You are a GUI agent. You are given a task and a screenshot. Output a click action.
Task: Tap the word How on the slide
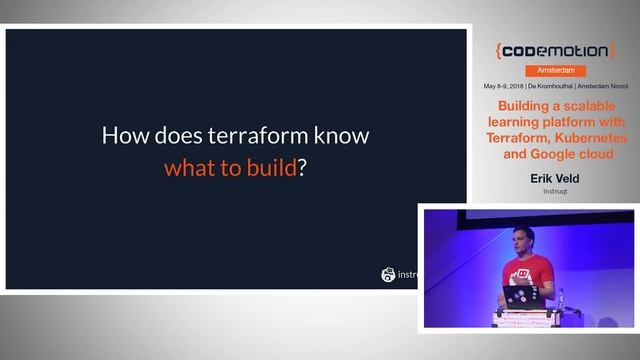(x=126, y=135)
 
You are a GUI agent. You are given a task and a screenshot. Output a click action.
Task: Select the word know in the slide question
(x=339, y=135)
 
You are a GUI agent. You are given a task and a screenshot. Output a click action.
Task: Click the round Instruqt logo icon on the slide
(x=388, y=274)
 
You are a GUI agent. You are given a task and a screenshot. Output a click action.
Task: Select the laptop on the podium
(x=521, y=296)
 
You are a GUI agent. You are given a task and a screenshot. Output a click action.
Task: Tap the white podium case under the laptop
(x=523, y=317)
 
